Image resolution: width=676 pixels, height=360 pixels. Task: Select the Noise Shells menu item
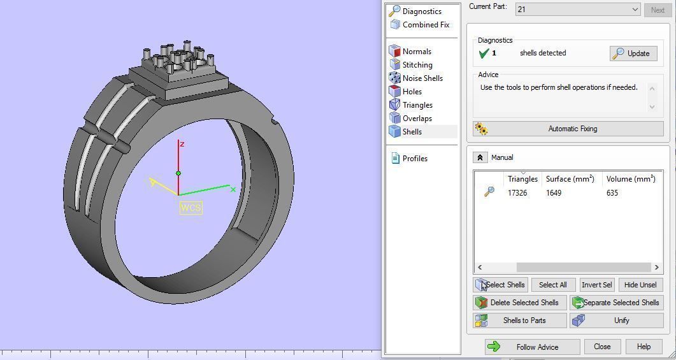(x=422, y=78)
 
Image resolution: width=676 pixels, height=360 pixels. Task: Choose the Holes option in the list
(x=412, y=92)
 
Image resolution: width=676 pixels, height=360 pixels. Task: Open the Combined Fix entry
(x=425, y=25)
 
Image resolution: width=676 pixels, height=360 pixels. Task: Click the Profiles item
(x=414, y=159)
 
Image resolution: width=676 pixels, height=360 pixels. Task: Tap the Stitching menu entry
(x=417, y=65)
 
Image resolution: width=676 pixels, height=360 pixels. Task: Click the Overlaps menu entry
(x=417, y=119)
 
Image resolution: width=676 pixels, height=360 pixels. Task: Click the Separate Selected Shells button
(x=616, y=303)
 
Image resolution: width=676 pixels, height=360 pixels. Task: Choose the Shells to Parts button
(x=519, y=320)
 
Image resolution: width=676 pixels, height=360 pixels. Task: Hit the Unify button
(x=616, y=320)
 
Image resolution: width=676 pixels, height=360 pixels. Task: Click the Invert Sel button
(x=596, y=285)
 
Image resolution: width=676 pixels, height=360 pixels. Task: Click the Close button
(x=601, y=347)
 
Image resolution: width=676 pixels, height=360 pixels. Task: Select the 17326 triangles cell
(x=517, y=193)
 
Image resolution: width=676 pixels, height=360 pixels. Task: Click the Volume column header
(x=630, y=179)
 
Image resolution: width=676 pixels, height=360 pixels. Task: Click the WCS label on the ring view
(x=191, y=208)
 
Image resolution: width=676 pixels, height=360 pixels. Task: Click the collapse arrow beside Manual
(x=480, y=157)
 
